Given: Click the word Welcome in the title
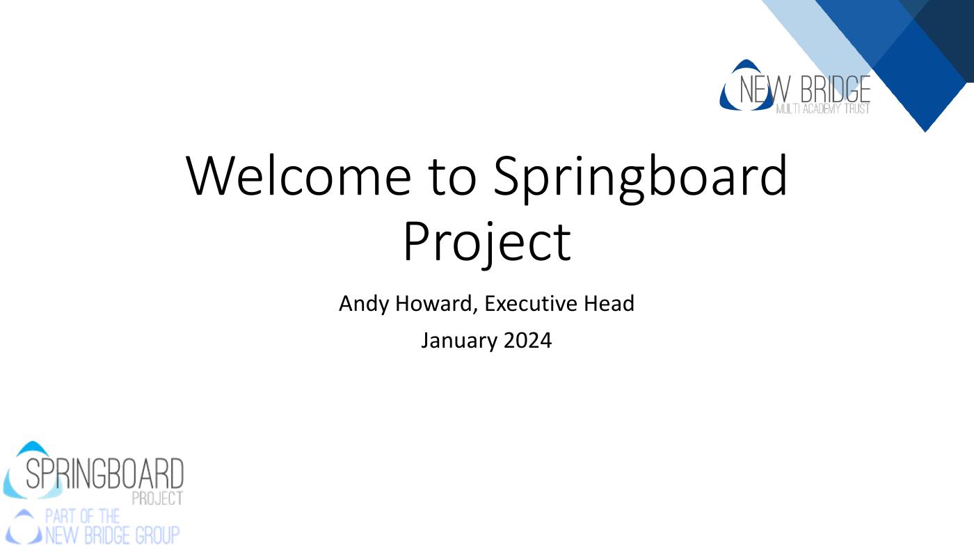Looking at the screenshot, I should click(298, 175).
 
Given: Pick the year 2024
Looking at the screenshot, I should click(527, 341).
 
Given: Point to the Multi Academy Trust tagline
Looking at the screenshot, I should click(822, 109).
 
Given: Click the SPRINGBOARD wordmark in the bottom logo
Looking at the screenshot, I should click(104, 474).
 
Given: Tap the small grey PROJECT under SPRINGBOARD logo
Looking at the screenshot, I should click(157, 498).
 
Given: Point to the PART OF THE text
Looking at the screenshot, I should click(82, 517).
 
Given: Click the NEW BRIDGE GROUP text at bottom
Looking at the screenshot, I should click(111, 535).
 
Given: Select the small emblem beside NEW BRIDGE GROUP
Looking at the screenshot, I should click(24, 527).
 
